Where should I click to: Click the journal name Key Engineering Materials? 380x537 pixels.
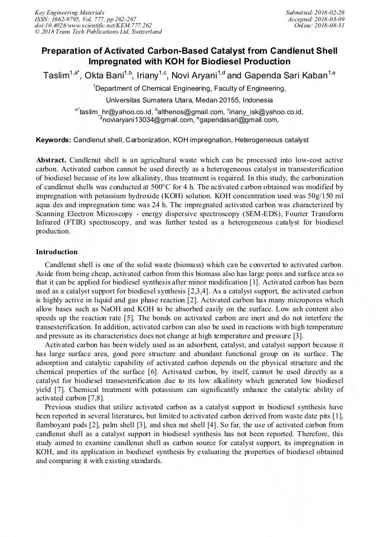click(69, 12)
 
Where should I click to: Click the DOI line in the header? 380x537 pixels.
click(92, 25)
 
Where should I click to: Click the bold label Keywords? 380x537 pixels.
click(53, 139)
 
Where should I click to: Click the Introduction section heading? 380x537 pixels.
click(57, 252)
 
